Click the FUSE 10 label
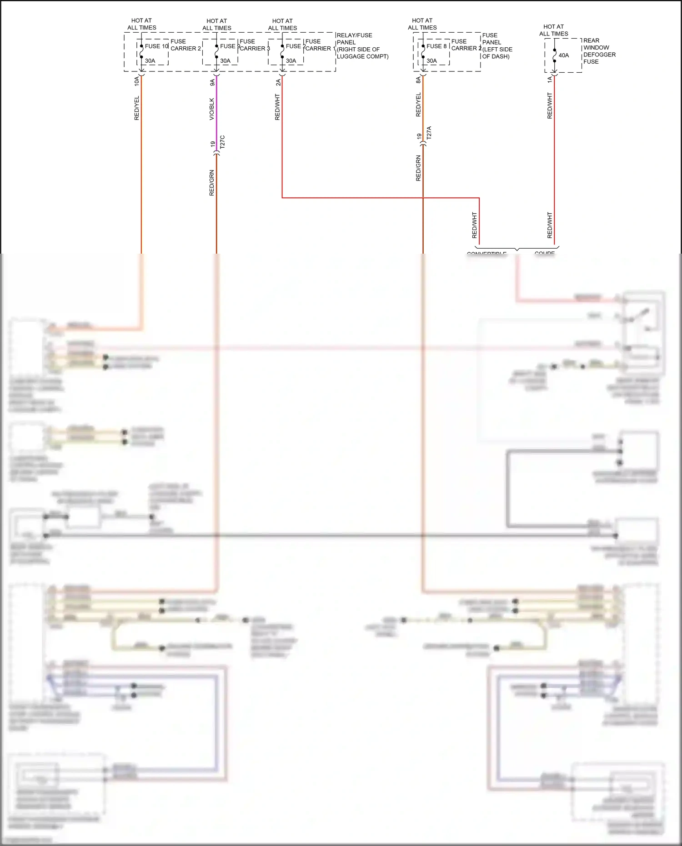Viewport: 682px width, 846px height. tap(156, 46)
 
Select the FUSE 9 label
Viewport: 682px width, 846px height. tap(229, 46)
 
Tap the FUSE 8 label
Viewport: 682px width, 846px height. tap(436, 46)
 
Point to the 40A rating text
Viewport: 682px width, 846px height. tap(564, 55)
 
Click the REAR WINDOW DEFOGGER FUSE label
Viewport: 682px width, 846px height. tap(599, 51)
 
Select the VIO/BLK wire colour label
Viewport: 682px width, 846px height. tap(212, 109)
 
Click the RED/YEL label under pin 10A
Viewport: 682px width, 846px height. tap(137, 108)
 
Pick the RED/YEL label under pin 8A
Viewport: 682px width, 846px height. tap(419, 105)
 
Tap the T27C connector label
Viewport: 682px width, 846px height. tap(222, 142)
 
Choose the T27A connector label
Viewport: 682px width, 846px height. tap(429, 133)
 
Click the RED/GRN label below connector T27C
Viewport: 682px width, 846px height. tap(212, 183)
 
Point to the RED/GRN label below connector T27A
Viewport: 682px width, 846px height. tap(419, 168)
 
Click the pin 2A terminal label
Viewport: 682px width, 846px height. tap(278, 82)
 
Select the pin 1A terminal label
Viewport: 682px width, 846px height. tap(550, 80)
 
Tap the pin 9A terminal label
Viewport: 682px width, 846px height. tap(212, 82)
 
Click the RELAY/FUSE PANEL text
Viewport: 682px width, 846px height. tap(354, 39)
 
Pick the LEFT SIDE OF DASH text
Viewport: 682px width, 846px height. tap(497, 53)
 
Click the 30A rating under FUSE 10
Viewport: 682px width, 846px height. tap(150, 61)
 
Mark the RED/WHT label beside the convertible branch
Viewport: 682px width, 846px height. tap(475, 225)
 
